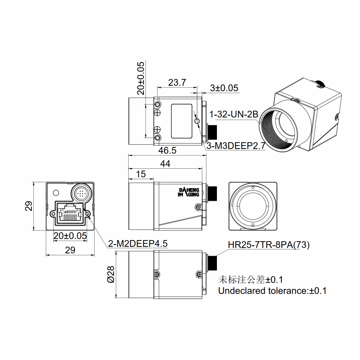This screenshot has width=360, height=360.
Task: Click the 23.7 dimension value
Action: click(x=177, y=83)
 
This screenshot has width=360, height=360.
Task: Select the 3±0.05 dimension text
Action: click(x=224, y=88)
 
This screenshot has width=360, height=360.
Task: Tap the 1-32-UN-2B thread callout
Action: click(x=234, y=115)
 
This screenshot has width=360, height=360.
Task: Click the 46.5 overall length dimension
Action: click(x=167, y=150)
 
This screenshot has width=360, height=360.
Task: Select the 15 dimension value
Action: click(x=141, y=174)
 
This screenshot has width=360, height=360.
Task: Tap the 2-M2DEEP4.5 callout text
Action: click(x=138, y=244)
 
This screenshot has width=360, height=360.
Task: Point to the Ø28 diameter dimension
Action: click(x=110, y=274)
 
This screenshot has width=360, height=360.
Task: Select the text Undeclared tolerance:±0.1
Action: click(x=272, y=291)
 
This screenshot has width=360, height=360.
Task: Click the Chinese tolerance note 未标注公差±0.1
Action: click(x=251, y=280)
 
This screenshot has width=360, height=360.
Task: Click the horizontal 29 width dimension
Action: click(x=70, y=250)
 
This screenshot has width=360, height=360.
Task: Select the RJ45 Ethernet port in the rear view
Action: click(x=70, y=213)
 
